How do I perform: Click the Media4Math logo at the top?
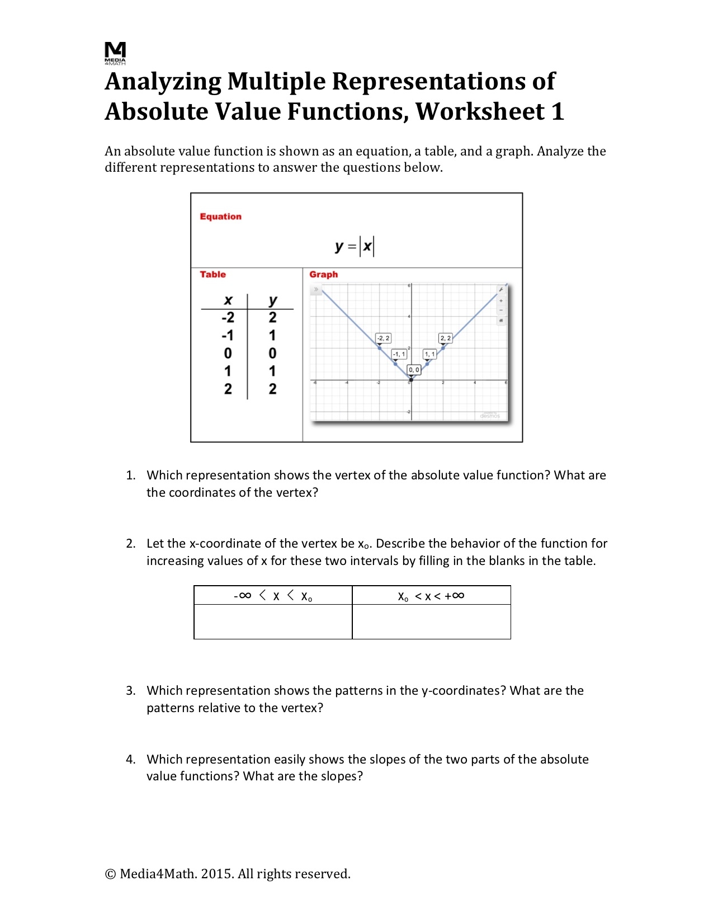click(x=115, y=53)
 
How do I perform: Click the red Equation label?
click(x=220, y=216)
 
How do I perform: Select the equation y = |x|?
click(x=355, y=246)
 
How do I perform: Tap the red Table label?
click(x=213, y=274)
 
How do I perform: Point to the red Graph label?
click(x=323, y=274)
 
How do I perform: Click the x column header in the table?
click(x=228, y=300)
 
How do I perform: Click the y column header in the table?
click(x=272, y=300)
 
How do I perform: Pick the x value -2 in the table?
click(x=228, y=318)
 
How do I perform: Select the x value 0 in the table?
click(x=228, y=354)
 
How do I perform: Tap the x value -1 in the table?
click(x=228, y=336)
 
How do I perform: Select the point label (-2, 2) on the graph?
click(x=383, y=338)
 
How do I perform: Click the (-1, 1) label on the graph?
click(x=399, y=354)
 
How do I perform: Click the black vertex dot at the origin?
click(x=411, y=380)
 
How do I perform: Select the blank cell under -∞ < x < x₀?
click(x=273, y=621)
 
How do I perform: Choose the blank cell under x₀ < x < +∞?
click(x=431, y=621)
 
